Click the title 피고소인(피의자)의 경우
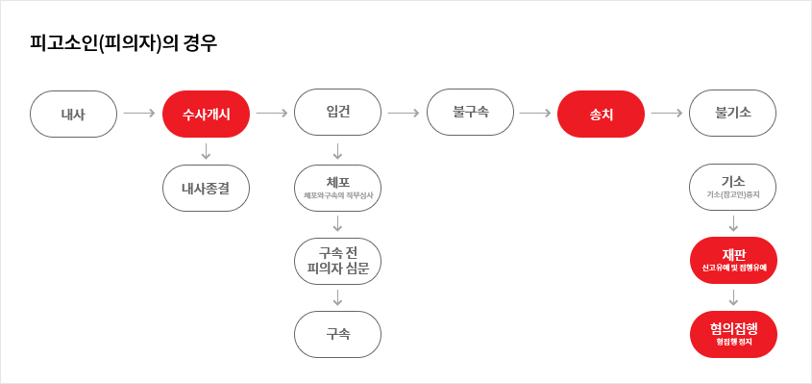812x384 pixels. tap(123, 44)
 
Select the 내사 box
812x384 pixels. tap(73, 114)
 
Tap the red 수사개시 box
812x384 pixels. tap(206, 114)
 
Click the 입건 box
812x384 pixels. tap(337, 113)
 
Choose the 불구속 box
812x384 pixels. tap(470, 113)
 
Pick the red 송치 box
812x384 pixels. tap(601, 114)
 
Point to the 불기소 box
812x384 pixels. tap(732, 113)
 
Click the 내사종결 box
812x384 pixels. tap(206, 188)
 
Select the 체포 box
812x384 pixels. tap(337, 187)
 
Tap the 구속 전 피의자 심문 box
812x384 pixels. tap(337, 260)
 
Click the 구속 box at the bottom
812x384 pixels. tap(337, 334)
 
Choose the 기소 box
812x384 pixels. tap(732, 187)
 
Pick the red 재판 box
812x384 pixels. tap(732, 260)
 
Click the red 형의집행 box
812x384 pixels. tap(732, 334)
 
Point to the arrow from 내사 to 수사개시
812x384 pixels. tap(139, 114)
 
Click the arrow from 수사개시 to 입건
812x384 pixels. tap(272, 114)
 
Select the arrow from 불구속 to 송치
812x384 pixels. tap(534, 114)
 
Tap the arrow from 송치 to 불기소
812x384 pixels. tap(666, 114)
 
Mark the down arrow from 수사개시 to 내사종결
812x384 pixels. tap(206, 151)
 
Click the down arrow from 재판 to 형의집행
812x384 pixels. tap(732, 297)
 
